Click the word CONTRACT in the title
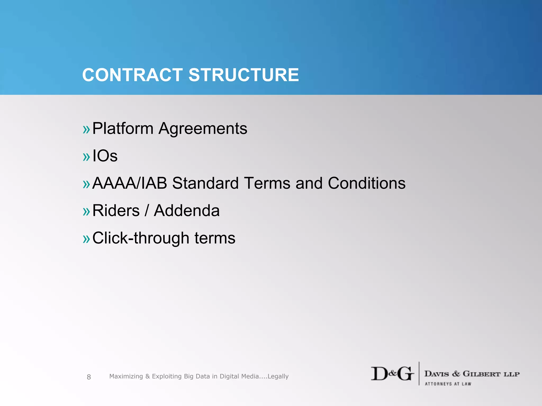[132, 75]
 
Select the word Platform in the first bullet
[123, 129]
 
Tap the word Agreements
[203, 129]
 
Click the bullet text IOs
[105, 156]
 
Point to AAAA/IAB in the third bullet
[130, 183]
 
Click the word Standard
[205, 183]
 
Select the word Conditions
[367, 183]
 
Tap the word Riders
[116, 211]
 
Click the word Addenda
[187, 211]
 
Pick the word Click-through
[141, 238]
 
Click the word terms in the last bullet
[215, 238]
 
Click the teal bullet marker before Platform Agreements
[86, 130]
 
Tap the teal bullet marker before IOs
[86, 157]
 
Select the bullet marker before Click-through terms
[86, 239]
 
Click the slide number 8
[89, 377]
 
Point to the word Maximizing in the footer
[126, 376]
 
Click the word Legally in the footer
[278, 376]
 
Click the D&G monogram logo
[392, 374]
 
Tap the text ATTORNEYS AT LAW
[448, 384]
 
